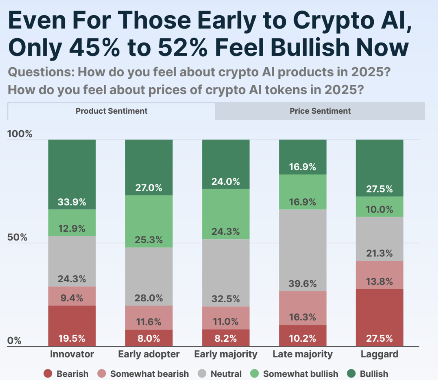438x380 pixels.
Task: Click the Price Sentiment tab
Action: click(x=320, y=111)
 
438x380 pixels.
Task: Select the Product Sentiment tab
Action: click(x=111, y=111)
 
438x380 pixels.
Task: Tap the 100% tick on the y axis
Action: click(x=20, y=134)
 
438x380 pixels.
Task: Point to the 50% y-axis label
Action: click(x=17, y=237)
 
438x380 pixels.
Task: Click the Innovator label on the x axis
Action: click(x=72, y=354)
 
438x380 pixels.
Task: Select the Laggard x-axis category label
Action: click(x=379, y=354)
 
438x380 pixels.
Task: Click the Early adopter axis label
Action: click(x=149, y=354)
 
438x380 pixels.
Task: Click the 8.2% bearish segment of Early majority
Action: click(x=225, y=338)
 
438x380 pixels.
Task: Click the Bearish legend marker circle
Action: click(x=48, y=374)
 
